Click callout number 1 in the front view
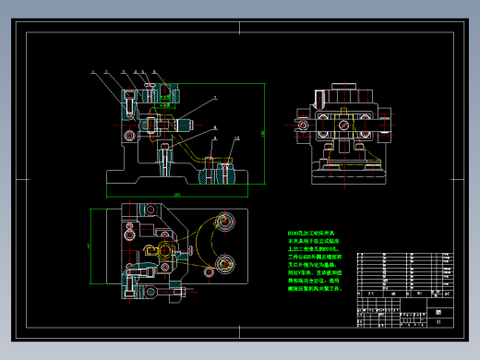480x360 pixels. [92, 70]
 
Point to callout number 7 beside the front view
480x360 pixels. [214, 97]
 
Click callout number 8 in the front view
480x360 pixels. [214, 127]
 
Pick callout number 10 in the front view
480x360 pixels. [236, 138]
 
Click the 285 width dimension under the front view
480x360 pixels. [176, 195]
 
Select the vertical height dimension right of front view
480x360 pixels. [262, 134]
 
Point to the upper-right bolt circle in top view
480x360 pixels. [222, 222]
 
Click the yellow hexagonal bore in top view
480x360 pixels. [165, 249]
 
